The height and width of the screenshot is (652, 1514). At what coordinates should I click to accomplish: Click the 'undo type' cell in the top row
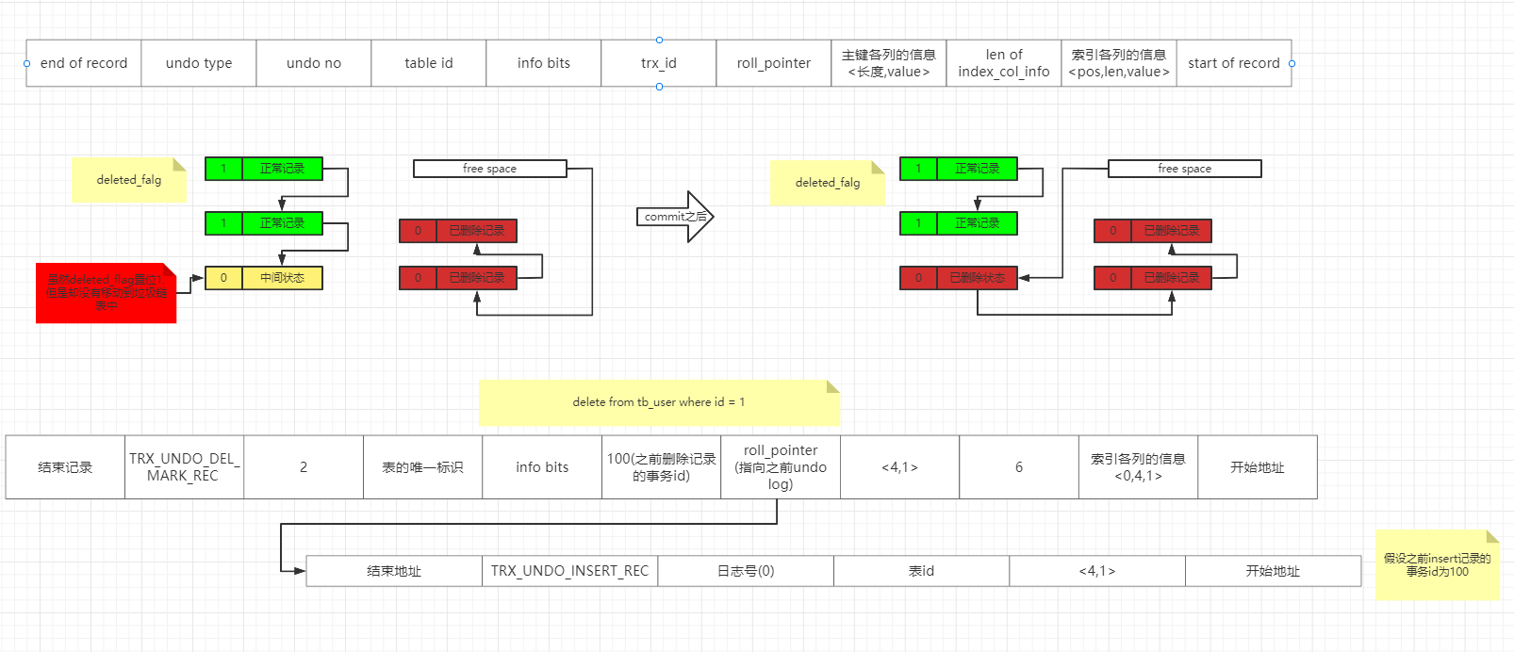point(199,63)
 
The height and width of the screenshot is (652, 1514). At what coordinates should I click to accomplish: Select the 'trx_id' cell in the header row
point(659,63)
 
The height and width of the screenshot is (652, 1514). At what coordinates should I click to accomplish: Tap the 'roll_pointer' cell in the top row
point(774,63)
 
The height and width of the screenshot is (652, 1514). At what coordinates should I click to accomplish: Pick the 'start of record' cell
point(1234,63)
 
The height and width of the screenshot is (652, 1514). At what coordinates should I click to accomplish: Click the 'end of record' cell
point(84,63)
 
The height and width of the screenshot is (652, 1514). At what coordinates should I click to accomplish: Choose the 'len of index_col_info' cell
point(1004,63)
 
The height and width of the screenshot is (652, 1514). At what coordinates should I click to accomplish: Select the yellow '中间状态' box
point(282,278)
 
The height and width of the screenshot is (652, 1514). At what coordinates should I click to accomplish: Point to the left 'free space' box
point(490,169)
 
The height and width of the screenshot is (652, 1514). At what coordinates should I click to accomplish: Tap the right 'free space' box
point(1185,169)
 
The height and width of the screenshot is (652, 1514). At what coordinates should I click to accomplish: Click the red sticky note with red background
point(106,293)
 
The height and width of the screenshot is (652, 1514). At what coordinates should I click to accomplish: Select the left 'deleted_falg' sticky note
point(129,180)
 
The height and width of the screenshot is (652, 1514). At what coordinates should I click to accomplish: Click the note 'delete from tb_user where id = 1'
point(658,402)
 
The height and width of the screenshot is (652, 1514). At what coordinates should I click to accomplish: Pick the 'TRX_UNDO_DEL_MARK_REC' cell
point(184,467)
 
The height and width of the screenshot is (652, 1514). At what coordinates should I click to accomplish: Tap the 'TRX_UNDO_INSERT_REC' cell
point(569,571)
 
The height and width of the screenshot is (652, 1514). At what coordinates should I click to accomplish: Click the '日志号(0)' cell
point(746,571)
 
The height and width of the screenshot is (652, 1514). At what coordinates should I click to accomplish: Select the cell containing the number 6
point(1019,467)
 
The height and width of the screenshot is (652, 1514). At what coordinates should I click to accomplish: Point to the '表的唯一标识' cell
point(422,467)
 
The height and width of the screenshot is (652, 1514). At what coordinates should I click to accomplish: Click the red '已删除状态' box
point(977,278)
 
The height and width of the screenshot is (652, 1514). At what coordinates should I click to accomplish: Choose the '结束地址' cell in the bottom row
point(394,571)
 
